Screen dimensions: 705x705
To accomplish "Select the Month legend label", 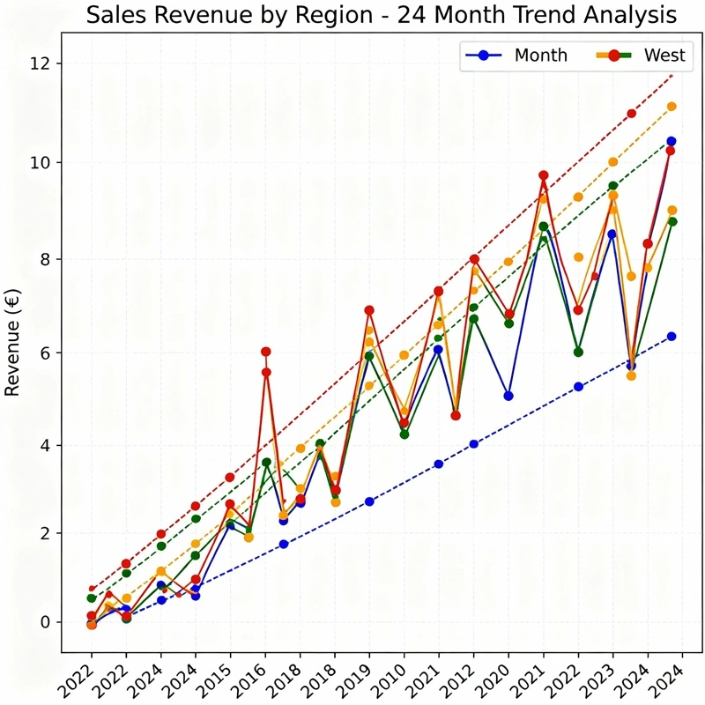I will (x=540, y=56).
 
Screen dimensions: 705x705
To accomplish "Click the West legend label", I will (x=664, y=56).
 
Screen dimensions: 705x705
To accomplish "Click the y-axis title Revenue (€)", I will (x=13, y=342).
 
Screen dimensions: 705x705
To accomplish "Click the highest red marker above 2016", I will (x=265, y=352).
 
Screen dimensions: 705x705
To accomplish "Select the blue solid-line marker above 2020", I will (x=508, y=396).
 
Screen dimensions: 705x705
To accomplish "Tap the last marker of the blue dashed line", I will (x=672, y=336).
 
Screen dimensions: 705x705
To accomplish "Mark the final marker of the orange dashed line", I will (x=672, y=107).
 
